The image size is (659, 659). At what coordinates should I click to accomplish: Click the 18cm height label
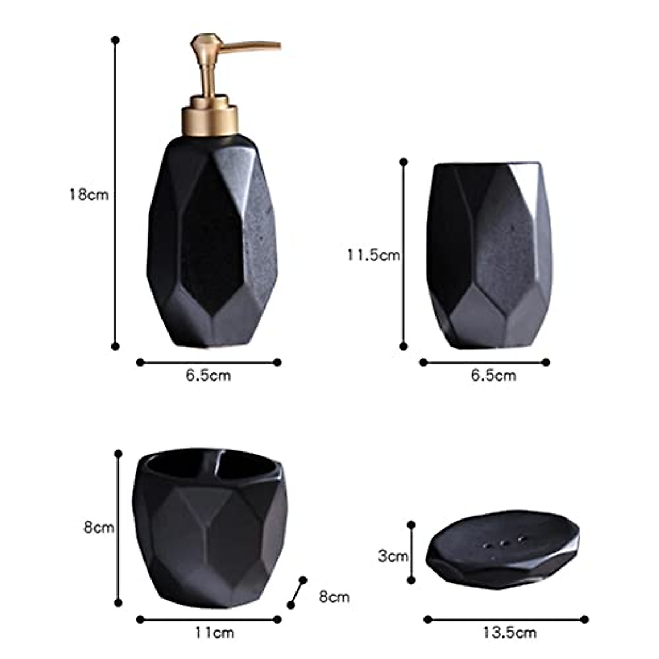89,195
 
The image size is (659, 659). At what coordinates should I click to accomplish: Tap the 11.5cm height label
373,255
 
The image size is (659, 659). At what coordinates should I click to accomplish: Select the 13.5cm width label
509,633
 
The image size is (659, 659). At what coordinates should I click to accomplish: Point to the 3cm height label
393,556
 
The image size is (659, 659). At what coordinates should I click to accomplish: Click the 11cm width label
214,633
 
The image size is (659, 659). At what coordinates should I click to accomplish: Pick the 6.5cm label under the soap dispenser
208,376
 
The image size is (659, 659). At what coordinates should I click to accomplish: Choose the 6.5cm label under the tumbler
494,376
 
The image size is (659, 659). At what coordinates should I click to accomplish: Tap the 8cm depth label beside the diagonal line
334,597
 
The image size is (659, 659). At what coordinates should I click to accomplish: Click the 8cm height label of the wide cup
99,528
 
